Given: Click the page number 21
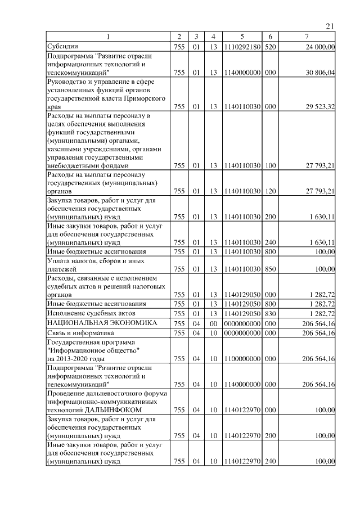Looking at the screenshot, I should click(x=330, y=26).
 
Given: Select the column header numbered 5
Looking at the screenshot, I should click(x=241, y=37).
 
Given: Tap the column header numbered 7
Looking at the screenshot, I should click(x=307, y=37).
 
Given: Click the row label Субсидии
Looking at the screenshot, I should click(x=63, y=47).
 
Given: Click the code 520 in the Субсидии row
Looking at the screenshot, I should click(x=270, y=47).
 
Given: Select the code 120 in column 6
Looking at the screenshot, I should click(x=270, y=191).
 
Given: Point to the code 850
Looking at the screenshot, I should click(x=270, y=269).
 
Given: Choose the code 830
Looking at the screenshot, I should click(x=270, y=313).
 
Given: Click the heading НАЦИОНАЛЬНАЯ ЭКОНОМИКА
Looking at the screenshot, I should click(x=94, y=323).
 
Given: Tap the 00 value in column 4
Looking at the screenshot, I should click(x=214, y=323).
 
